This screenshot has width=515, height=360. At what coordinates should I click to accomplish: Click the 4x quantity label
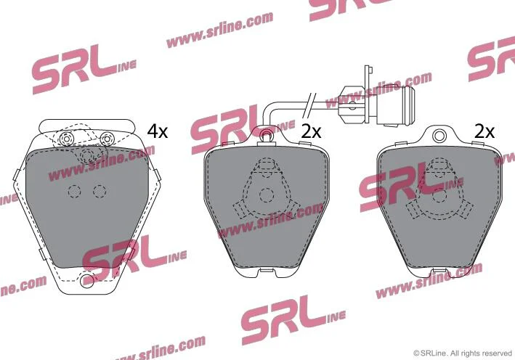(158, 132)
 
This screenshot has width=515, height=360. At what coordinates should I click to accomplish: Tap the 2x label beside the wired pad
(311, 132)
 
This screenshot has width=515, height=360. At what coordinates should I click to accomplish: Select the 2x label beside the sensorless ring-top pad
(484, 132)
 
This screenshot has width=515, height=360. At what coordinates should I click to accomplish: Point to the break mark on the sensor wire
(309, 105)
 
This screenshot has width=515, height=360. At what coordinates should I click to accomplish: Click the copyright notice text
(463, 353)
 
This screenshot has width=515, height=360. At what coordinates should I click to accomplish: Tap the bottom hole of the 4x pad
(86, 281)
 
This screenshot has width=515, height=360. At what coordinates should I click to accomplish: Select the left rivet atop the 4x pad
(66, 139)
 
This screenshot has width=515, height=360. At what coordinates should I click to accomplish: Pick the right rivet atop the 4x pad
(106, 139)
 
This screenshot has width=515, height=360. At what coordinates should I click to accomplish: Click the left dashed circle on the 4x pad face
(74, 192)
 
